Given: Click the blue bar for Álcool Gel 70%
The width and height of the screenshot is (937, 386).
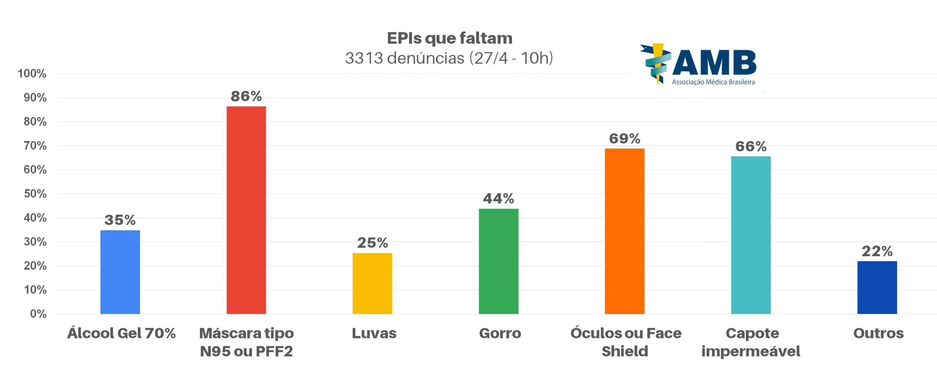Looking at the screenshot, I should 120,272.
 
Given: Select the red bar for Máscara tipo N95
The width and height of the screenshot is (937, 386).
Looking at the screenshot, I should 246,210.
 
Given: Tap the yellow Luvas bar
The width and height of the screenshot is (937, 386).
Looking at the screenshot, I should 372,283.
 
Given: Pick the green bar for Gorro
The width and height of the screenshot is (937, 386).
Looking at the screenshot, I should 499,261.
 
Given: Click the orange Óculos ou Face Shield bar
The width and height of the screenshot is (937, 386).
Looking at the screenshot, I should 624,231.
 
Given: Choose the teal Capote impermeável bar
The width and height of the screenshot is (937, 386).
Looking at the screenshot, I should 751,235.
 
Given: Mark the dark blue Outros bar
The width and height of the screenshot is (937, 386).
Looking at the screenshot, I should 877,287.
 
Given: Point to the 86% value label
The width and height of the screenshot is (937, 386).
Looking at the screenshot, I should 246,96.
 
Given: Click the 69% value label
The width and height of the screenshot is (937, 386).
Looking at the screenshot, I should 624,138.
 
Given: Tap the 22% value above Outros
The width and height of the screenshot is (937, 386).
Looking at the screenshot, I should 877,251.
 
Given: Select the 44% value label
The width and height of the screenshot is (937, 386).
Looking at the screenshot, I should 499,198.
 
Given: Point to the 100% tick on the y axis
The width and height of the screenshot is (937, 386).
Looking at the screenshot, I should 32,74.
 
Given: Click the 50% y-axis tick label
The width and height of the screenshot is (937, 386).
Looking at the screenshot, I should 35,194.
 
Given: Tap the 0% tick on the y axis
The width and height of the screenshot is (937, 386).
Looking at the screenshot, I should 38,314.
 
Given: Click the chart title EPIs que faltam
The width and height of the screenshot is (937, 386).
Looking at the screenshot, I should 449,38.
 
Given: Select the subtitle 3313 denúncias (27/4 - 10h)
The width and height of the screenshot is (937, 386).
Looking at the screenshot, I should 449,58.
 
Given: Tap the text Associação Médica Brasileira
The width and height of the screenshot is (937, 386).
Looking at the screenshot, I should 713,82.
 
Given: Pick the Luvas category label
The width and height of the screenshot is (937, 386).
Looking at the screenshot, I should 374,333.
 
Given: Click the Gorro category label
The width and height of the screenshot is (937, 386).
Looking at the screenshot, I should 500,333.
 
